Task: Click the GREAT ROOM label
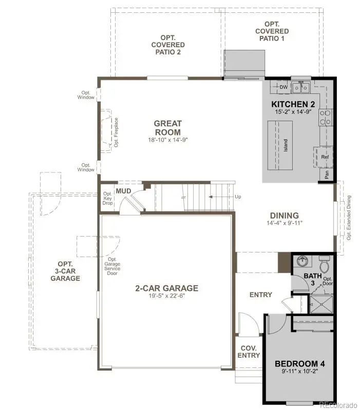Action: pos(167,127)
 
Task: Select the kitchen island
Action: pos(279,146)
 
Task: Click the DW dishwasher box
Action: pos(283,87)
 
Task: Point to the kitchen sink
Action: pos(300,88)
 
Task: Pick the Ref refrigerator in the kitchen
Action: pos(324,157)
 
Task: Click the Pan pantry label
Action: pos(327,174)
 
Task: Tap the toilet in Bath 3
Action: pos(324,265)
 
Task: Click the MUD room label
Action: pos(123,191)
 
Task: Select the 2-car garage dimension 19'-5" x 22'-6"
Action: pos(166,297)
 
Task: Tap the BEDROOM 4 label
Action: pos(299,364)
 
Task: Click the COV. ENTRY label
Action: pos(250,351)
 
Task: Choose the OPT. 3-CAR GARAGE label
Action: pos(65,270)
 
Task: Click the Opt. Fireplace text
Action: pos(116,132)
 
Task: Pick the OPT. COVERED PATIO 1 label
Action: pos(272,31)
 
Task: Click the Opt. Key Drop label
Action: pos(108,198)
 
